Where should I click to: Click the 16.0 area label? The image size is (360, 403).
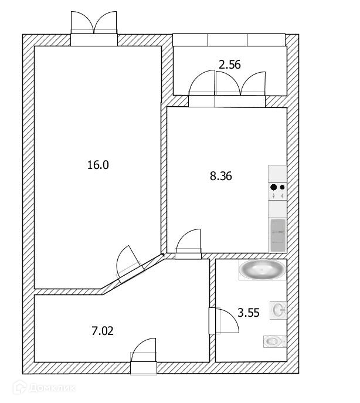click(x=98, y=165)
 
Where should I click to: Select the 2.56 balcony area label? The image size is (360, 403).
click(x=230, y=65)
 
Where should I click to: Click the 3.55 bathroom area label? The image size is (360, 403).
click(x=249, y=313)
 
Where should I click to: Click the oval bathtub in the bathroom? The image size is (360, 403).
click(x=263, y=270)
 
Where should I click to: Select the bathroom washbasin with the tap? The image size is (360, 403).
click(x=278, y=310)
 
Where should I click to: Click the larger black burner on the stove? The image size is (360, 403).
click(x=273, y=188)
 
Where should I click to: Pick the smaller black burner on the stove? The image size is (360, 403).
click(x=283, y=188)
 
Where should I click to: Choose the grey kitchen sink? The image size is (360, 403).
click(x=277, y=234)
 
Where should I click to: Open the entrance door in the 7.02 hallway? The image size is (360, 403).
click(x=143, y=355)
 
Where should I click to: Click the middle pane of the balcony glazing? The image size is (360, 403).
click(x=227, y=39)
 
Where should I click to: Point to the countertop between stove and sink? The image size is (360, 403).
click(x=277, y=209)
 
